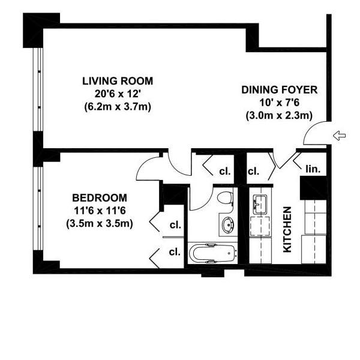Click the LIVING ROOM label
[118, 81]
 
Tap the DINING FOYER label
[280, 90]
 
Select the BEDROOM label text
[100, 197]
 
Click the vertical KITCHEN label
[287, 229]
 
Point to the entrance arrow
[340, 136]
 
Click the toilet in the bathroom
[225, 197]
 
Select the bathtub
[213, 253]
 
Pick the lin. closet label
[313, 169]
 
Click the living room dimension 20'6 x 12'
[118, 94]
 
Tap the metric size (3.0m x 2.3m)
[280, 115]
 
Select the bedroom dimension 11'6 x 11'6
[100, 211]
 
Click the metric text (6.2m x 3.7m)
[118, 107]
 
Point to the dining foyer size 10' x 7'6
[280, 103]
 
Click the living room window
[38, 89]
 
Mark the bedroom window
[38, 208]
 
